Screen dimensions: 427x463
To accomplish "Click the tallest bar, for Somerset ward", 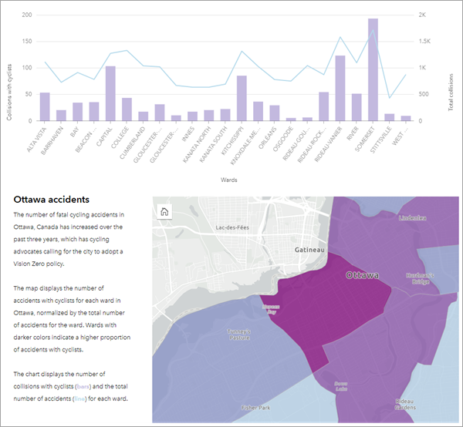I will click(x=373, y=69).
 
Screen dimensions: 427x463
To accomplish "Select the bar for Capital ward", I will click(x=110, y=93).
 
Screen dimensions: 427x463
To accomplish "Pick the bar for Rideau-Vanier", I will click(x=340, y=88).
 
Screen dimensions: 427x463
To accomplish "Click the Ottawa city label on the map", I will click(x=363, y=275).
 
